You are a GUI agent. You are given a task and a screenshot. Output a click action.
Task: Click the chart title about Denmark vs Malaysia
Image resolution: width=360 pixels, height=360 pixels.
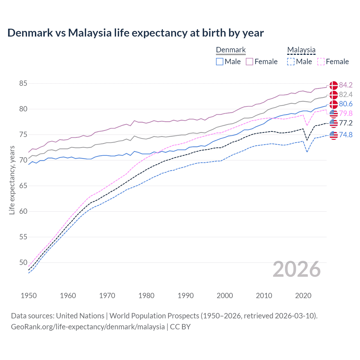[x=135, y=33]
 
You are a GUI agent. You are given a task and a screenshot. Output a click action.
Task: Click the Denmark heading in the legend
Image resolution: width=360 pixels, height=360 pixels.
[x=231, y=50]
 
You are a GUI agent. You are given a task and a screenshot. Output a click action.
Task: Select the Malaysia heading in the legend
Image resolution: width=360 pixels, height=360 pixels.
[x=301, y=50]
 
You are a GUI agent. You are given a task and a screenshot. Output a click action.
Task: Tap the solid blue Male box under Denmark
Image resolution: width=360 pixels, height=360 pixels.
[x=220, y=62]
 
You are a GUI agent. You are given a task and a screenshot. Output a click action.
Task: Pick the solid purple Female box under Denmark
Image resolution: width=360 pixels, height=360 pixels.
[x=249, y=62]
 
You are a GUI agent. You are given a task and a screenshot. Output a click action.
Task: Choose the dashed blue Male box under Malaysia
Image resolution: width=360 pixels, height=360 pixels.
[x=291, y=62]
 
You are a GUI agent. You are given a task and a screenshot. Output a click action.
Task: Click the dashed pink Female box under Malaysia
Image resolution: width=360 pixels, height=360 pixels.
[x=321, y=62]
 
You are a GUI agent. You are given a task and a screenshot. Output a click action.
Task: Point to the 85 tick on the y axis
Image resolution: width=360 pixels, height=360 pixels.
[x=23, y=84]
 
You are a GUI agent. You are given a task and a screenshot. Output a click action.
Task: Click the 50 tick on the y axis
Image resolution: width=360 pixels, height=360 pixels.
[x=23, y=262]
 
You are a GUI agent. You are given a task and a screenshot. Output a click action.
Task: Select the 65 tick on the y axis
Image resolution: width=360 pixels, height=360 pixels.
[x=23, y=186]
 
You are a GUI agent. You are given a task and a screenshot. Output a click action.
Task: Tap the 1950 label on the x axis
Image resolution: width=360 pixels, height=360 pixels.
[x=29, y=296]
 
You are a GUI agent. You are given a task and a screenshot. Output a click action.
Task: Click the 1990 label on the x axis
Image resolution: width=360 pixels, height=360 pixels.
[x=186, y=296]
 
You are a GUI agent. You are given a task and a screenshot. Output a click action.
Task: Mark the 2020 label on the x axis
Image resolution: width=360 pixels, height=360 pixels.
[x=303, y=296]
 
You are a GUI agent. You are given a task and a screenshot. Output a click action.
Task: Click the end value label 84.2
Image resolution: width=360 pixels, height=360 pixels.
[x=346, y=85]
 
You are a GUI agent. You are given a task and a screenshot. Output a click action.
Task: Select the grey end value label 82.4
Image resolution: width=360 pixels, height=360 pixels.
[x=346, y=94]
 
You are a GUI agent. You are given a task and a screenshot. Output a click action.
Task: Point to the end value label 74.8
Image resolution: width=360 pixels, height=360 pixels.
[x=346, y=135]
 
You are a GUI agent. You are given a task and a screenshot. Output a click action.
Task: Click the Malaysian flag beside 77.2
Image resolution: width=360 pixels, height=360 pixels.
[x=334, y=123]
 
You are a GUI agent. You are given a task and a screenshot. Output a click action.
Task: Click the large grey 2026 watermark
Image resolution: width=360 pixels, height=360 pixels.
[x=297, y=269]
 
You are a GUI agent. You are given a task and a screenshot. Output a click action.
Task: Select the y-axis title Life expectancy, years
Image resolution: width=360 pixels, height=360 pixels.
[x=12, y=180]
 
